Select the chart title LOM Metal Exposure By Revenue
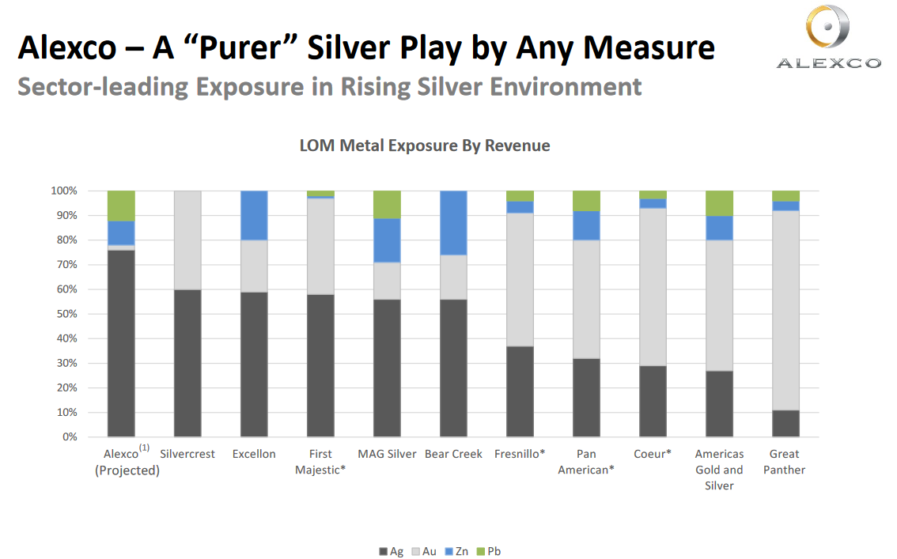[x=424, y=145]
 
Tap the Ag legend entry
[x=392, y=551]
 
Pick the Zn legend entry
[x=458, y=551]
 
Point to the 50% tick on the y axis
[x=66, y=314]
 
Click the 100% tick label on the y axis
[x=63, y=191]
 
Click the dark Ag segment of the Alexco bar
[x=121, y=343]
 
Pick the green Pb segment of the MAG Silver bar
[x=387, y=204]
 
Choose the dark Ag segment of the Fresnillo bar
[x=520, y=391]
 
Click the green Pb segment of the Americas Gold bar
[x=719, y=203]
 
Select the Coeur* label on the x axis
[x=653, y=454]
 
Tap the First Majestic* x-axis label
[x=320, y=462]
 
